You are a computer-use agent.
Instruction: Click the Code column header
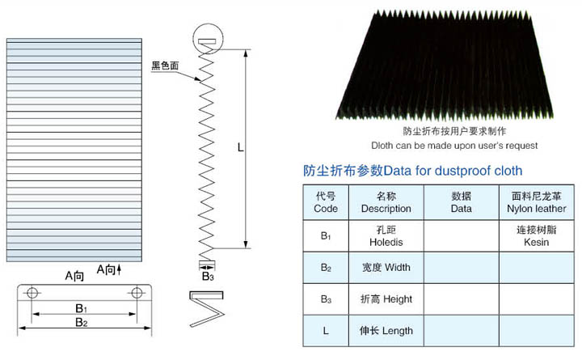[x=326, y=202]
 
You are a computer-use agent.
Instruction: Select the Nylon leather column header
[x=537, y=202]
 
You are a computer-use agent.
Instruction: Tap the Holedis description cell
[x=386, y=236]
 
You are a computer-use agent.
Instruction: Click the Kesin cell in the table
[x=537, y=236]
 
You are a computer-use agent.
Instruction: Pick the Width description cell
[x=386, y=268]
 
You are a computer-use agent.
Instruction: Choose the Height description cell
[x=386, y=299]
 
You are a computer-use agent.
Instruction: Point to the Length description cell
[x=386, y=331]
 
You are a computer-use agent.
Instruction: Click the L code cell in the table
[x=326, y=331]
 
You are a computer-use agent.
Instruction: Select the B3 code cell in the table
[x=326, y=299]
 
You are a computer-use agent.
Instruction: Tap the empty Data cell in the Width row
[x=462, y=268]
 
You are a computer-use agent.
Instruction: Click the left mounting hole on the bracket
[x=32, y=293]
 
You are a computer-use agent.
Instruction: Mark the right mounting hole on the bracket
[x=137, y=293]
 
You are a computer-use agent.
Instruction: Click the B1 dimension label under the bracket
[x=82, y=308]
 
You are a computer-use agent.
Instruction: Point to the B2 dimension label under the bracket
[x=82, y=322]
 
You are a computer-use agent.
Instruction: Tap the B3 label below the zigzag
[x=208, y=277]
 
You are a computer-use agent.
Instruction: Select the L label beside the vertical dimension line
[x=241, y=148]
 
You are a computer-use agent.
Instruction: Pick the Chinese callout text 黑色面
[x=165, y=66]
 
